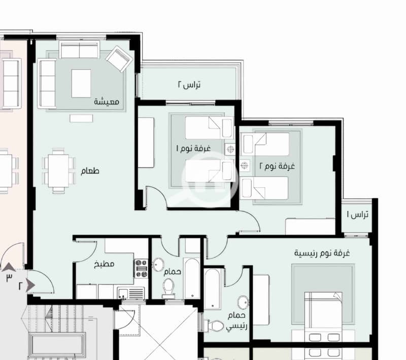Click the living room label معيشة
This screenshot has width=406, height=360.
click(x=107, y=101)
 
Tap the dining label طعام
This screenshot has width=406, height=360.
click(x=90, y=171)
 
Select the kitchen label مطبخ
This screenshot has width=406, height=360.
click(x=104, y=264)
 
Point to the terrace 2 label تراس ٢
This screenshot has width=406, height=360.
click(x=189, y=85)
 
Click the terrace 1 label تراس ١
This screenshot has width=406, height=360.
click(x=358, y=214)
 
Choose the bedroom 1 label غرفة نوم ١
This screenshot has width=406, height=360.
click(x=193, y=149)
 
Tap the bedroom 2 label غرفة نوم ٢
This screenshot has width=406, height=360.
click(x=277, y=166)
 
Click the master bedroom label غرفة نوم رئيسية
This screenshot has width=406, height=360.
click(x=322, y=253)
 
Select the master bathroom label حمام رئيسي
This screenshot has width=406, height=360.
click(x=236, y=320)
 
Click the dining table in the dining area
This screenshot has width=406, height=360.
click(x=59, y=171)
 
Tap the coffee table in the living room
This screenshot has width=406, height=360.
click(x=81, y=83)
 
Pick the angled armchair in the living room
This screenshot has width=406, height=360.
click(x=119, y=59)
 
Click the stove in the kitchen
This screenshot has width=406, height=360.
click(x=141, y=268)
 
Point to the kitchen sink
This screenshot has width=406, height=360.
click(x=131, y=293)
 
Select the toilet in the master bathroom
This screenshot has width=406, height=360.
click(x=214, y=326)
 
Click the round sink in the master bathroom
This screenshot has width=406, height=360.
click(x=243, y=302)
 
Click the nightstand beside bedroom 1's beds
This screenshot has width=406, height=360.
click(x=230, y=149)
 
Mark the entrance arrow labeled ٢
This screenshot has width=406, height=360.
click(x=30, y=285)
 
